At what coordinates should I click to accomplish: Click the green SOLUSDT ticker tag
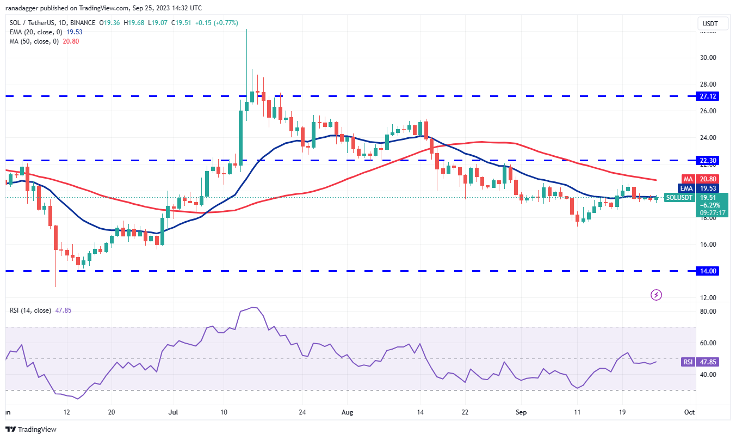pos(679,198)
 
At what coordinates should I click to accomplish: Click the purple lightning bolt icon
pos(657,295)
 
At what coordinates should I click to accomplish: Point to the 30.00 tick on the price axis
pos(707,58)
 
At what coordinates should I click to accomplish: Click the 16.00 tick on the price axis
pos(707,245)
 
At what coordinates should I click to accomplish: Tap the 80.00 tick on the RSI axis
pos(707,312)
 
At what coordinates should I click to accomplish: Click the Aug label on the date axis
pos(348,413)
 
